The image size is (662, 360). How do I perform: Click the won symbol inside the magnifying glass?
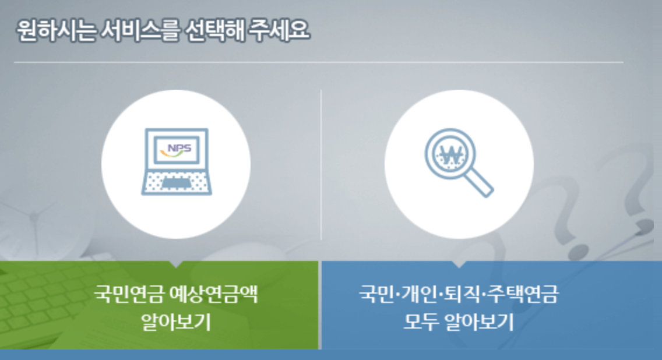[x=450, y=153]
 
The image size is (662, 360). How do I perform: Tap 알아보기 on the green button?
[x=175, y=321]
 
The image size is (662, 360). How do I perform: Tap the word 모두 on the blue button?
[x=420, y=321]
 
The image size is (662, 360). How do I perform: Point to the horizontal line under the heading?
[x=318, y=62]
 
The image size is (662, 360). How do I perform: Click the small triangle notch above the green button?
[x=176, y=264]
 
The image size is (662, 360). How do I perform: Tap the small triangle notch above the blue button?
[x=459, y=264]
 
